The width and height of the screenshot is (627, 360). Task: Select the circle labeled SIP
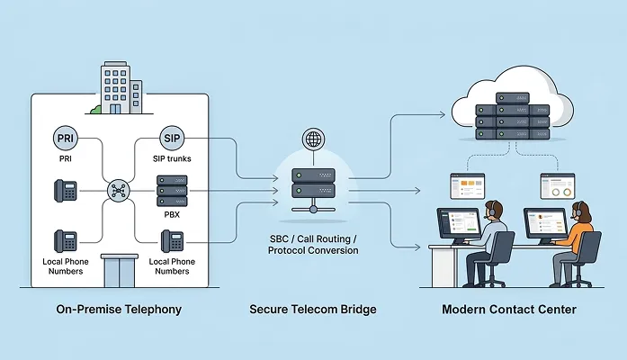[172, 139]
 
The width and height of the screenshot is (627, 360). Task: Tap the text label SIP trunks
[172, 160]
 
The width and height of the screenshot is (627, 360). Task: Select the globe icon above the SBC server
[313, 140]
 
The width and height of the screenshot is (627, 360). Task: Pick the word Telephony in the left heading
[152, 310]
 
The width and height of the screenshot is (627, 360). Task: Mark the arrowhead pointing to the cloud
[444, 114]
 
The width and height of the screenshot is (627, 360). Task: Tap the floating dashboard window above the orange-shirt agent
[557, 185]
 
